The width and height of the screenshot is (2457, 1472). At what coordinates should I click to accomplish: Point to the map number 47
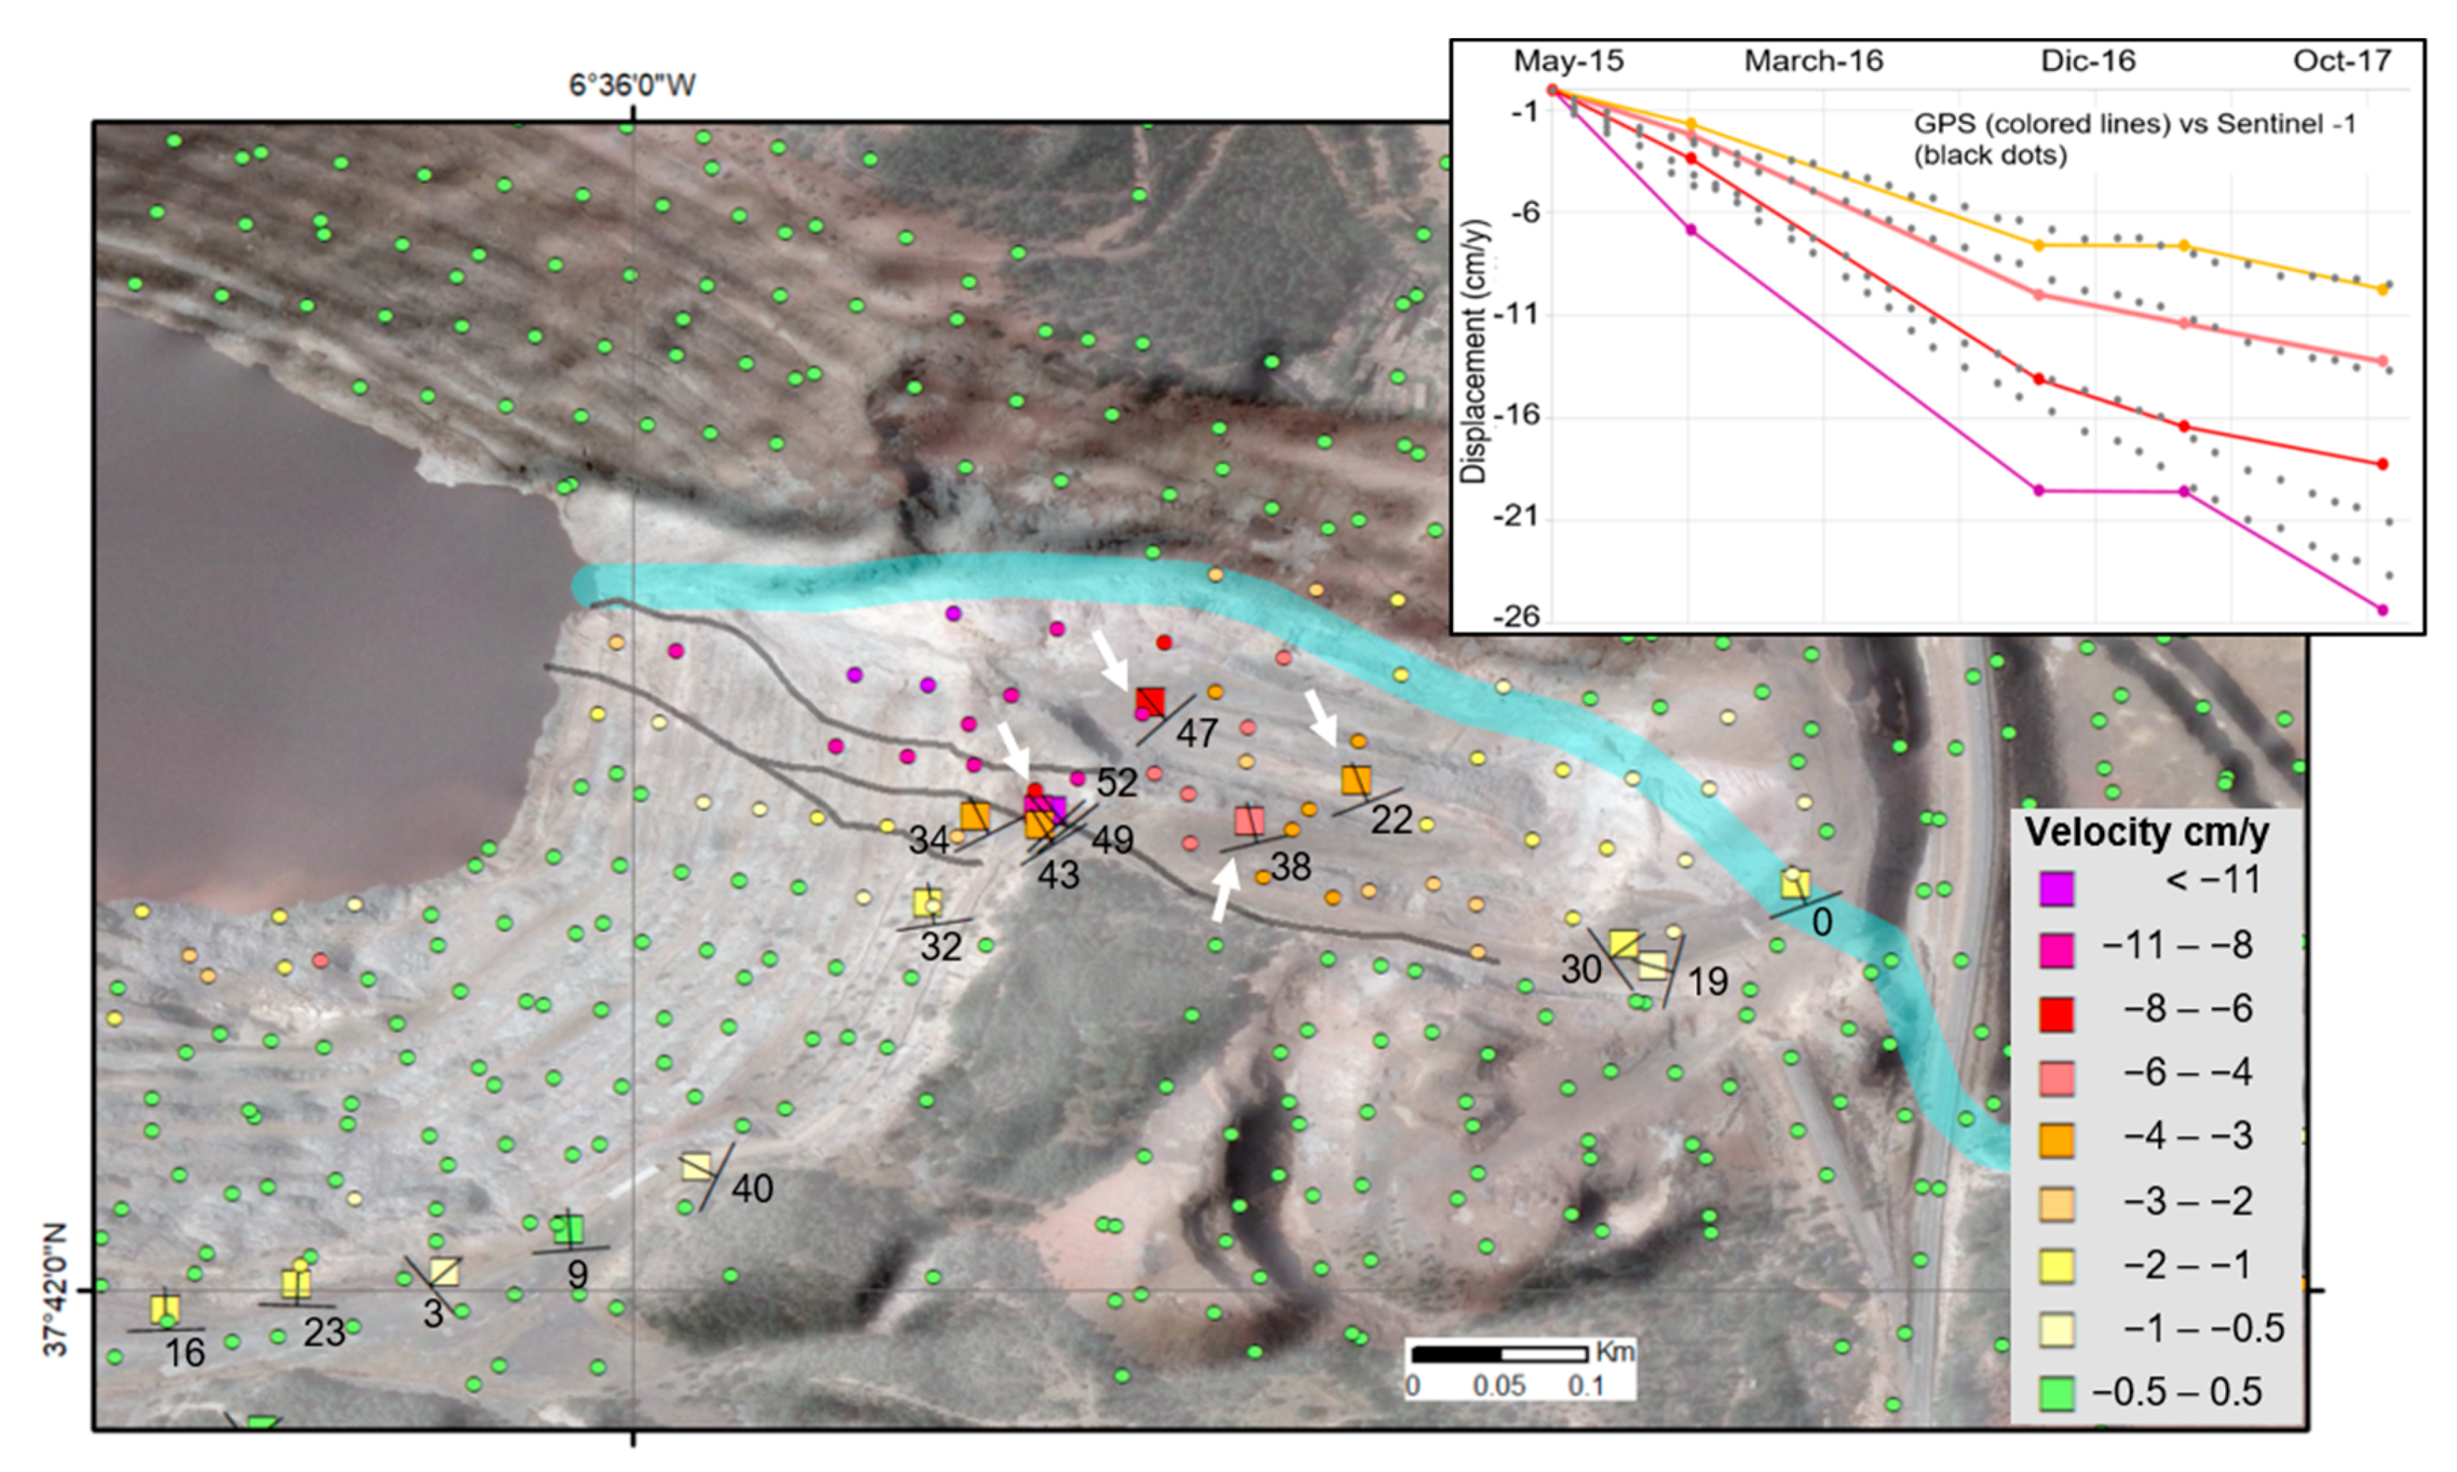[x=1197, y=733]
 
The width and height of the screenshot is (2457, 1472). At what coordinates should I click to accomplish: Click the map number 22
[x=1391, y=819]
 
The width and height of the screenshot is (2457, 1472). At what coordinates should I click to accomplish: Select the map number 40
[x=751, y=1187]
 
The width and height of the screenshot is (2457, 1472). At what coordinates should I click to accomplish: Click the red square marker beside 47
[x=1150, y=702]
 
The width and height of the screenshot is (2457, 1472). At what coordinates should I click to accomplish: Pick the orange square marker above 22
[x=1356, y=780]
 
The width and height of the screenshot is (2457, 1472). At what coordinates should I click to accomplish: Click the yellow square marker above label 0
[x=1795, y=883]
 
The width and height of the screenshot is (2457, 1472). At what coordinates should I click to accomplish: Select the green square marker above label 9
[x=568, y=1230]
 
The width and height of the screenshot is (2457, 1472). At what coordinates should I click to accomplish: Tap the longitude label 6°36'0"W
[x=631, y=85]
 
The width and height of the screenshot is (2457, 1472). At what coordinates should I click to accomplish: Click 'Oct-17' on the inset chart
[x=2342, y=62]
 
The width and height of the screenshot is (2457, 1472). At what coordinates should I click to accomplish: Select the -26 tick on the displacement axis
[x=1517, y=618]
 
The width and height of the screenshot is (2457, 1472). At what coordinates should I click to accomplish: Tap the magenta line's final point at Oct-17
[x=2383, y=610]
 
